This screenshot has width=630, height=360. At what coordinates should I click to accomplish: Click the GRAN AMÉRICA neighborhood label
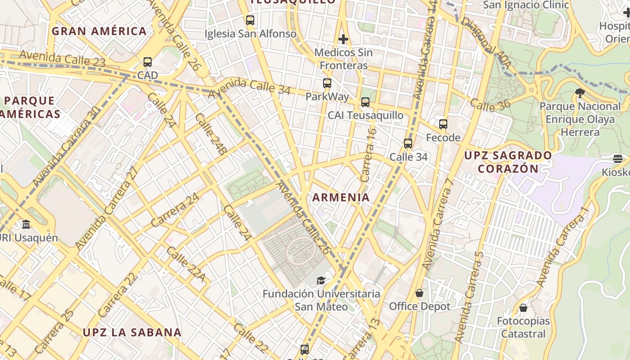click(x=99, y=31)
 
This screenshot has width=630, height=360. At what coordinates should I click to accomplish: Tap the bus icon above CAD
click(x=148, y=62)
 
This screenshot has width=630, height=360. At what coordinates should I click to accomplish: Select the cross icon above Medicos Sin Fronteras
click(x=343, y=39)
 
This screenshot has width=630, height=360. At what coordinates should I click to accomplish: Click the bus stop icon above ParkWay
click(x=327, y=83)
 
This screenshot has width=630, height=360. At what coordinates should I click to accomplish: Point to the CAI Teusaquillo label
click(x=365, y=115)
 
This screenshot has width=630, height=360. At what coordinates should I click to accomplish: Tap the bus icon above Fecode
click(x=443, y=124)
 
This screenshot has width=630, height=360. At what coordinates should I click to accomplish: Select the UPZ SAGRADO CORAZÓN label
click(x=508, y=162)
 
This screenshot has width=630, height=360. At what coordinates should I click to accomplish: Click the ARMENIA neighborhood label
click(x=341, y=197)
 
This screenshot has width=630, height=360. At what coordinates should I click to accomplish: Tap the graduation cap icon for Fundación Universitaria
click(x=320, y=281)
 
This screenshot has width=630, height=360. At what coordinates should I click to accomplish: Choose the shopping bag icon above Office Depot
click(x=419, y=293)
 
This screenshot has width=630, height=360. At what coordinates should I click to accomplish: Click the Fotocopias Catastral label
click(x=523, y=327)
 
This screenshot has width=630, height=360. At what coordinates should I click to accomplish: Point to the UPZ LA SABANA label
click(x=132, y=333)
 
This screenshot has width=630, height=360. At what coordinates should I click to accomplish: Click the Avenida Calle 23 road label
click(x=62, y=58)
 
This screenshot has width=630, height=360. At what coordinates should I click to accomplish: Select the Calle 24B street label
click(x=211, y=134)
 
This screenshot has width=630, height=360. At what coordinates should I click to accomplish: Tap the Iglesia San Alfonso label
click(x=251, y=34)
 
